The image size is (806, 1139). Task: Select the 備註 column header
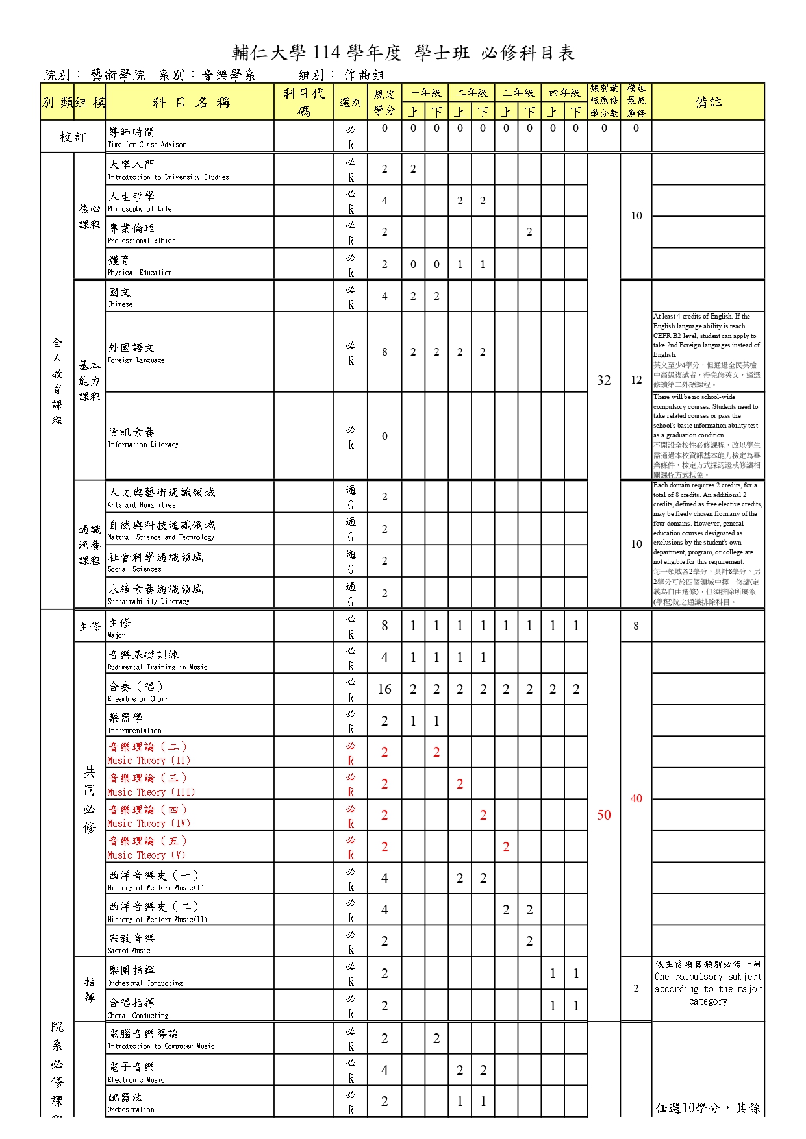[708, 102]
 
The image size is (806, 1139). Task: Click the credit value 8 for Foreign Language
[384, 352]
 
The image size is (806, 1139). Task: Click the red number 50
[604, 815]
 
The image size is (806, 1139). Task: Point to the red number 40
[636, 798]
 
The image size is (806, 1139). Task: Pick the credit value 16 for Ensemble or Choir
[384, 689]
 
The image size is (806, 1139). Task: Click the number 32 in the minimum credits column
[604, 380]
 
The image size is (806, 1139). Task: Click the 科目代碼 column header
[304, 102]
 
